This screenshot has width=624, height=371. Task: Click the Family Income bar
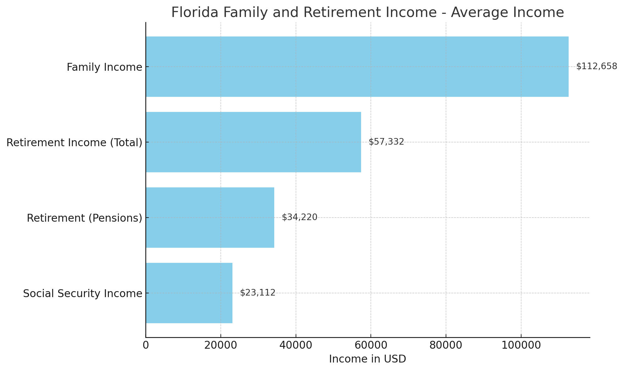pos(357,67)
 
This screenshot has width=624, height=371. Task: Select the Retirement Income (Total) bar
pos(253,142)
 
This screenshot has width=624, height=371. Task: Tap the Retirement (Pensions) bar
pos(210,218)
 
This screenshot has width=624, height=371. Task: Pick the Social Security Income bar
pos(189,293)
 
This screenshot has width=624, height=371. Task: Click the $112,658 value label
pos(597,66)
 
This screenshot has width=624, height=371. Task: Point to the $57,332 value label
pos(386,142)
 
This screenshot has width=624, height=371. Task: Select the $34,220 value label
pos(299,217)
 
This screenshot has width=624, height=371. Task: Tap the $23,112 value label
pos(258,293)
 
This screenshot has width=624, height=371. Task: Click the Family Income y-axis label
pos(104,67)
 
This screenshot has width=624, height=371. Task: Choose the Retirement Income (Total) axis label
pos(74,143)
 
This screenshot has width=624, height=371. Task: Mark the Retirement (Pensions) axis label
pos(84,218)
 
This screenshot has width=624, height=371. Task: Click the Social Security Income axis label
pos(82,294)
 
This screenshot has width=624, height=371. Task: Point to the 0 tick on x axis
pos(146,345)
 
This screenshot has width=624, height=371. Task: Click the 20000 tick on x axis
pos(221,345)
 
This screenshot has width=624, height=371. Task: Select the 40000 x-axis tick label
pos(296,345)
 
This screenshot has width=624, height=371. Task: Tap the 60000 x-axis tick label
pos(371,345)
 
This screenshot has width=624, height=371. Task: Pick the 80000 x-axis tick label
pos(446,345)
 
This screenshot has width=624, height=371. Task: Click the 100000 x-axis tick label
pos(521,345)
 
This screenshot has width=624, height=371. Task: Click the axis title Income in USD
pos(367,359)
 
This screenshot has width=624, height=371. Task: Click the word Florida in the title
pos(195,13)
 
